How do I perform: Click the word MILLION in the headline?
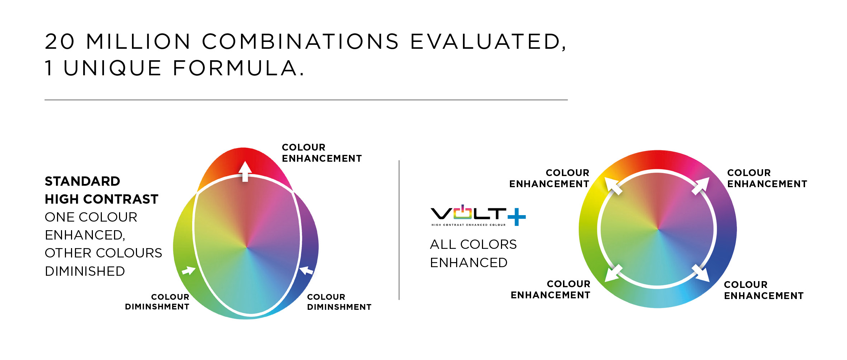[138, 42]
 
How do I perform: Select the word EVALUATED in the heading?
[488, 42]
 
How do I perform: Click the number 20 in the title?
[60, 42]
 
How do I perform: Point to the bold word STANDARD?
[82, 181]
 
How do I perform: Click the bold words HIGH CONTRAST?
[101, 199]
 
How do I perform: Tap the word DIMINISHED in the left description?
[85, 271]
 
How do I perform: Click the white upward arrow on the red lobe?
[245, 171]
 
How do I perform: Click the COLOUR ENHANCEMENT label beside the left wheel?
[322, 153]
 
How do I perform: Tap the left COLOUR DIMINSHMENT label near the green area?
[157, 302]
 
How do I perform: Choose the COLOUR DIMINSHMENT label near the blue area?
[339, 302]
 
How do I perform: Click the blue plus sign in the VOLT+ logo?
[517, 217]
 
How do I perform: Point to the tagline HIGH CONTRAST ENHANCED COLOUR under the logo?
[468, 225]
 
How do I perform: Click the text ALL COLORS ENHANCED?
[473, 254]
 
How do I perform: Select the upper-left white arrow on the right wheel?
[613, 186]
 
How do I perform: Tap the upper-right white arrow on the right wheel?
[701, 186]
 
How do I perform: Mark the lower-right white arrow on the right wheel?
[701, 274]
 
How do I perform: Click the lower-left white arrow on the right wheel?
[613, 274]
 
